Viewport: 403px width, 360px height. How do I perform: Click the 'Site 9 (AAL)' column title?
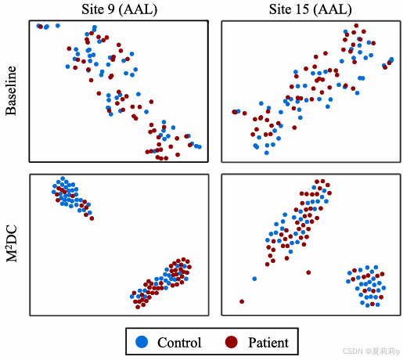(x=120, y=9)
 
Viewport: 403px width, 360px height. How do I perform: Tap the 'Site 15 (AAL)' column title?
(x=311, y=9)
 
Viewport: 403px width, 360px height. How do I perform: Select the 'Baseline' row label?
(x=11, y=91)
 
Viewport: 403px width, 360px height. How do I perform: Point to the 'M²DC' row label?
(x=12, y=243)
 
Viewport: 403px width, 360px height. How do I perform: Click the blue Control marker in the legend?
(x=142, y=342)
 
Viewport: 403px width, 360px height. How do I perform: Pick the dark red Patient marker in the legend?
(x=232, y=342)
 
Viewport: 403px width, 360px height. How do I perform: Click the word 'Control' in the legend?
(x=179, y=343)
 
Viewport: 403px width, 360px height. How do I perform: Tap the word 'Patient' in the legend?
(x=268, y=343)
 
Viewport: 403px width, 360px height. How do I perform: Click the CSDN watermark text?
(x=371, y=351)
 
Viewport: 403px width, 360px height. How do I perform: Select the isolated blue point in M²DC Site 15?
(x=254, y=279)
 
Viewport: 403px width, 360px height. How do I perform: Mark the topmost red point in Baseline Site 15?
(x=356, y=26)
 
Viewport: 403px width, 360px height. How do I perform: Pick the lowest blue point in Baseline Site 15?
(x=267, y=153)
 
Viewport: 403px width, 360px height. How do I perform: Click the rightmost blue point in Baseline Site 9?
(x=200, y=147)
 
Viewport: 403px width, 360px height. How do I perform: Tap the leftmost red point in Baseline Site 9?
(x=41, y=27)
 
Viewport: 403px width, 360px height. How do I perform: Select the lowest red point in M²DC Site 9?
(x=138, y=307)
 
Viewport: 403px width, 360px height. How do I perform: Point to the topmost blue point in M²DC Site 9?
(x=63, y=178)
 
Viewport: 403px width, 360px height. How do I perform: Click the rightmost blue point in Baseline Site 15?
(x=391, y=59)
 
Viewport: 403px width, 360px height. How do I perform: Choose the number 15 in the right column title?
(x=302, y=9)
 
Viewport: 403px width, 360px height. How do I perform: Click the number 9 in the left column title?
(x=111, y=9)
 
